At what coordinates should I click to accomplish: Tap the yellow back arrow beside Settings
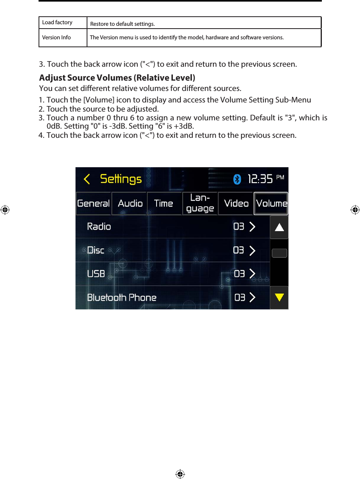click(87, 180)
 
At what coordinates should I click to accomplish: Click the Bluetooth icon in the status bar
click(237, 180)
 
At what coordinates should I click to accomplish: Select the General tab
click(93, 203)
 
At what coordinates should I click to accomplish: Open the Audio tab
click(130, 203)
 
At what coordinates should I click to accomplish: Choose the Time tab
click(164, 203)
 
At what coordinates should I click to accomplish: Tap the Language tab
click(200, 203)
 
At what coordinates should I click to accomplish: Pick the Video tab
click(236, 203)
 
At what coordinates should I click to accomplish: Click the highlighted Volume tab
click(271, 203)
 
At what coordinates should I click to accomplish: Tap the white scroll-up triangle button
click(279, 227)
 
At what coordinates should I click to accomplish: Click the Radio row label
click(99, 227)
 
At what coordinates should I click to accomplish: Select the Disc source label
click(96, 250)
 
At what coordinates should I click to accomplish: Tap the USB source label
click(96, 274)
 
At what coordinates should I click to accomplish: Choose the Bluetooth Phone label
click(122, 297)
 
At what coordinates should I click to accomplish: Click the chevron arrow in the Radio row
click(252, 227)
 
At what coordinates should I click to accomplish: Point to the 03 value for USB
click(239, 274)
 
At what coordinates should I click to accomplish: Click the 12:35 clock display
click(260, 180)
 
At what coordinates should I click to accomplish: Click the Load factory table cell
click(58, 23)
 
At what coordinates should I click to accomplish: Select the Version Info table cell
click(57, 38)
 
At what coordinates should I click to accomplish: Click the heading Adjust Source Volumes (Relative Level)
click(117, 77)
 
